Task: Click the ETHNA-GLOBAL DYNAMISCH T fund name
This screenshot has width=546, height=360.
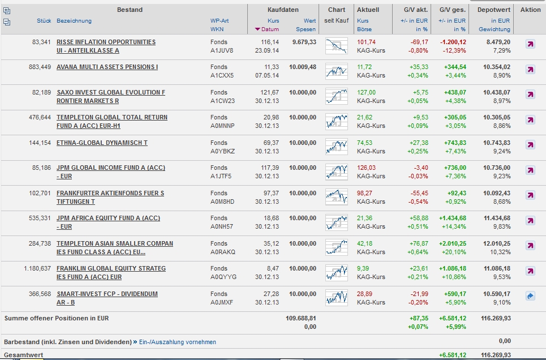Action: (x=102, y=143)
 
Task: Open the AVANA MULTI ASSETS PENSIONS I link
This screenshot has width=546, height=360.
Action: (x=107, y=67)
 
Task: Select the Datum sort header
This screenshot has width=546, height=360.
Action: (x=270, y=29)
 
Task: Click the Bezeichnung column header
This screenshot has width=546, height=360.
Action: (x=74, y=21)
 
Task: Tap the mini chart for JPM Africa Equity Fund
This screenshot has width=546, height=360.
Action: (x=337, y=222)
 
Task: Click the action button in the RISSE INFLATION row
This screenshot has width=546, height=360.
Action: (x=530, y=44)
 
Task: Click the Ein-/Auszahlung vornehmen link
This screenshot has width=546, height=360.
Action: (x=177, y=342)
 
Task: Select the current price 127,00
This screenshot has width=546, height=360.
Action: (x=366, y=92)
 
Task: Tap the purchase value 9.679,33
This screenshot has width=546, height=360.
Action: (x=304, y=42)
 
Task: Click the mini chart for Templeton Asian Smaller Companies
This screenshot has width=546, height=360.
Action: (x=337, y=247)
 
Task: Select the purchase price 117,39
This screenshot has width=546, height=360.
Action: (x=270, y=168)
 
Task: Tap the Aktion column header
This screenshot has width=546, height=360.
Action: (x=530, y=10)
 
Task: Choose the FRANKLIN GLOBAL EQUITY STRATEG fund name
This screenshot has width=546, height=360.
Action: (x=111, y=268)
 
